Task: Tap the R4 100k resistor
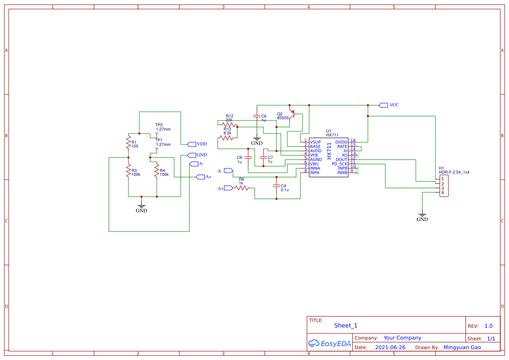coord(156,171)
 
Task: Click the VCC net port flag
coord(383,105)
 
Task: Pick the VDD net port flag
coord(191,144)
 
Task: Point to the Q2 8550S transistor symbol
coord(293,115)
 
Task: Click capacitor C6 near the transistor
coord(257,117)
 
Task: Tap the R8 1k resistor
coord(242,188)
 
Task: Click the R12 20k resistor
coord(229,124)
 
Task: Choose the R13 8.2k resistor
coord(226,138)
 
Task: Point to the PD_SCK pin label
coord(340,164)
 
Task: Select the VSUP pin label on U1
coord(315,142)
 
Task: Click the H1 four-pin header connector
coord(444,186)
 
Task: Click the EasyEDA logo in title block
coord(329,343)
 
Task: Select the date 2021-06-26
coord(390,347)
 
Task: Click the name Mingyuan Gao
coord(462,347)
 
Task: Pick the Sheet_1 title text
coord(346,326)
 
